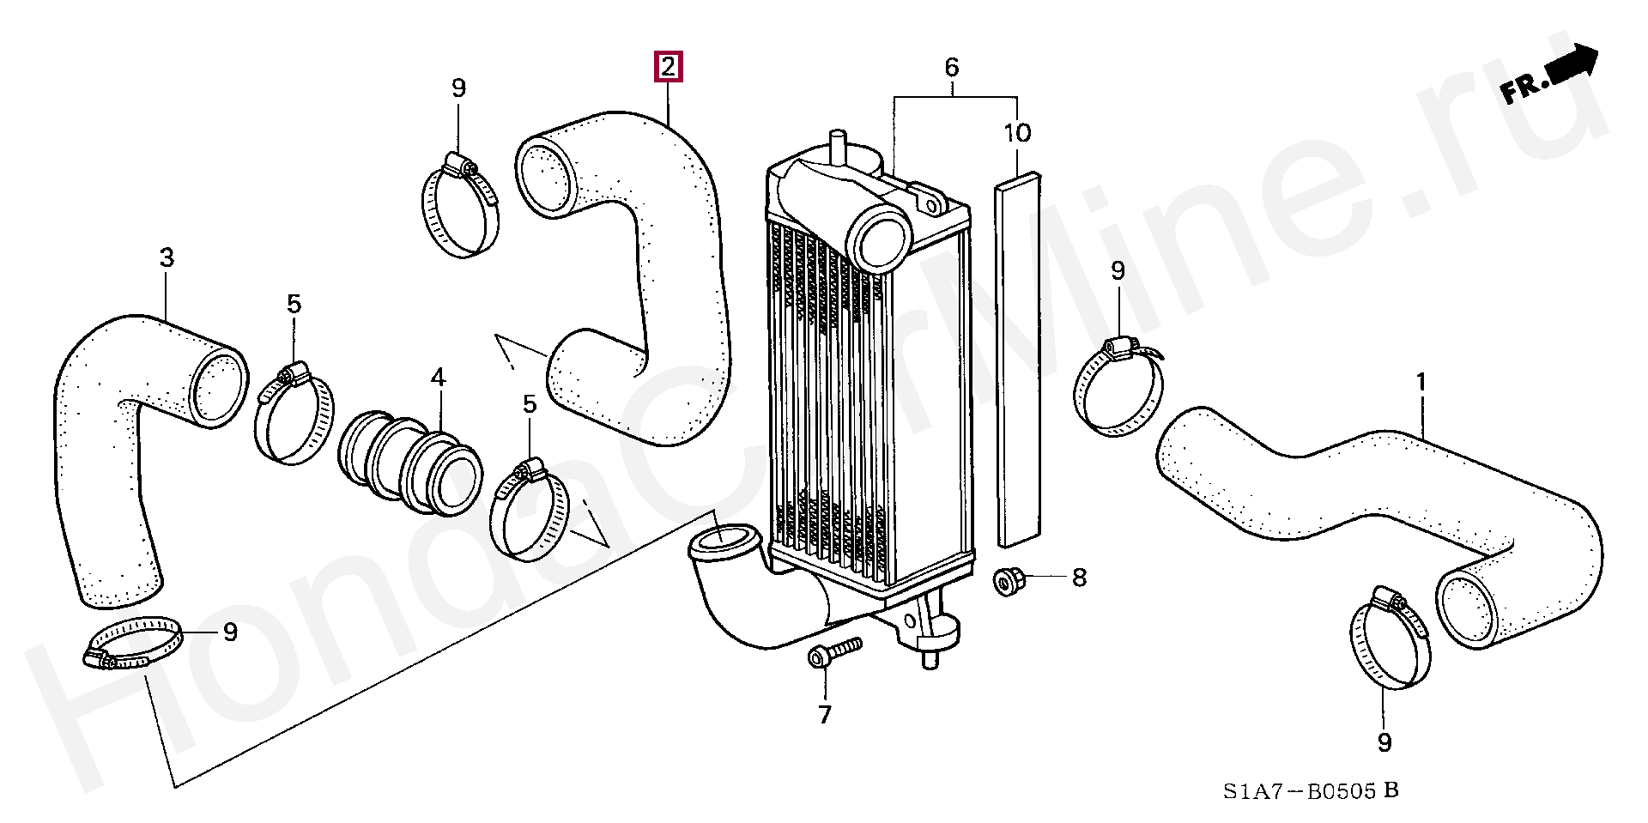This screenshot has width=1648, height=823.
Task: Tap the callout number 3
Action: pos(167,257)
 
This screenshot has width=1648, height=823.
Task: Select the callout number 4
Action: pos(438,377)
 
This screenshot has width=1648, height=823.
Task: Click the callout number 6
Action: pos(951,67)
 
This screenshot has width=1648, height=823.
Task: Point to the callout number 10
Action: pos(1017,133)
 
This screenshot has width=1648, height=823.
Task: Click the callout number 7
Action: pos(824,715)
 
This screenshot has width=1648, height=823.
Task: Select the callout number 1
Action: pos(1421,382)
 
